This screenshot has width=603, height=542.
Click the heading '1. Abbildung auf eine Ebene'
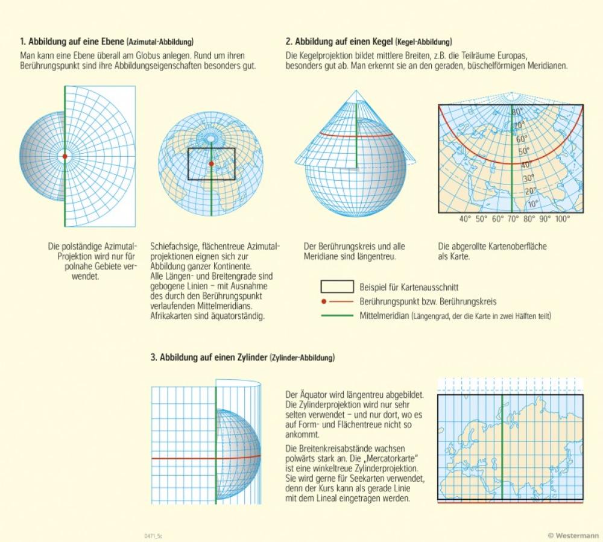click(x=72, y=42)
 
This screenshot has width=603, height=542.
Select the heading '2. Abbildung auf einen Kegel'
click(x=340, y=42)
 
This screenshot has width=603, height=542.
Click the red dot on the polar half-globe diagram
click(x=65, y=157)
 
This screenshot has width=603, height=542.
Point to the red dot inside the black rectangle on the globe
click(x=211, y=163)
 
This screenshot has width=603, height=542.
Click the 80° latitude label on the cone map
click(x=517, y=112)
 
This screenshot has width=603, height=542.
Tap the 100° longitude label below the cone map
click(x=562, y=219)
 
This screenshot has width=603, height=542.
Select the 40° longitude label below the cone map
click(x=465, y=219)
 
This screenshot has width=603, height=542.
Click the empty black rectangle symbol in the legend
click(x=336, y=287)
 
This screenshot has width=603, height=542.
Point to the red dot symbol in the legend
click(x=324, y=301)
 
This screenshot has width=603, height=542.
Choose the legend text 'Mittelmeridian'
click(x=382, y=315)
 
